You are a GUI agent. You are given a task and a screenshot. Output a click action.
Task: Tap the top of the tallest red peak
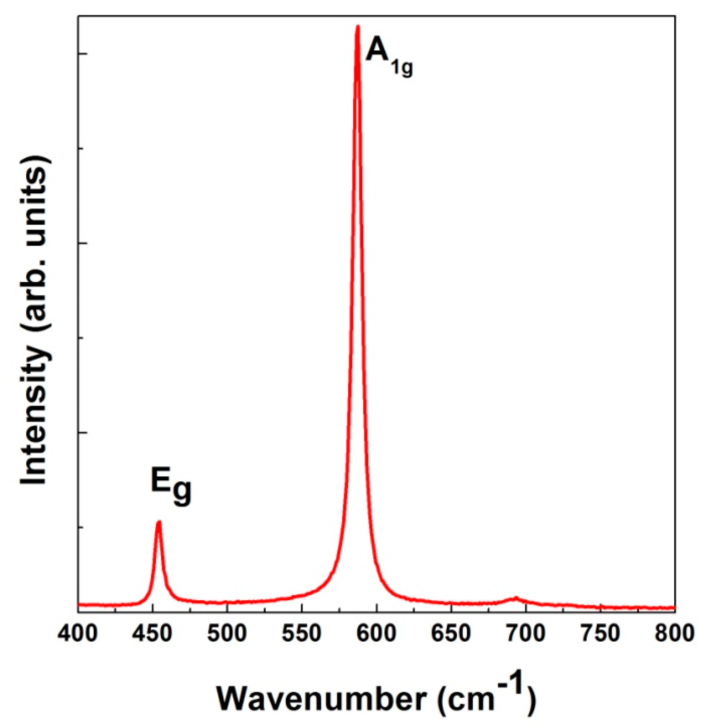pos(358,27)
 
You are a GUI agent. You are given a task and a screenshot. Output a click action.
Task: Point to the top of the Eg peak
pos(158,522)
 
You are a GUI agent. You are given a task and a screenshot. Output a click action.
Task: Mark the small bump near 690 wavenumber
pos(515,598)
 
